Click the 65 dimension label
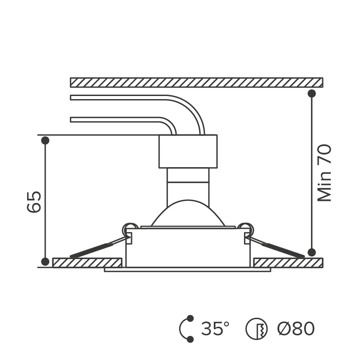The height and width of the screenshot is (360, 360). (34, 202)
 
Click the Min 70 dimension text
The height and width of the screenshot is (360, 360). (324, 173)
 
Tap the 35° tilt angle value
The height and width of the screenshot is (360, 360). (215, 328)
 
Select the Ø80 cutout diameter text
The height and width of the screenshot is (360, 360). (296, 328)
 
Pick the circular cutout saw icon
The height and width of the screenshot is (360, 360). (256, 329)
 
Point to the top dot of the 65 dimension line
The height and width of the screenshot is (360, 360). (45, 140)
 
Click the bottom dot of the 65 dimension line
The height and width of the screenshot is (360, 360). (45, 261)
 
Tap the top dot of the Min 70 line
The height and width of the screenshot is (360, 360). (312, 93)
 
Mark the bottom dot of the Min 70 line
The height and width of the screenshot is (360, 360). (312, 252)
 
